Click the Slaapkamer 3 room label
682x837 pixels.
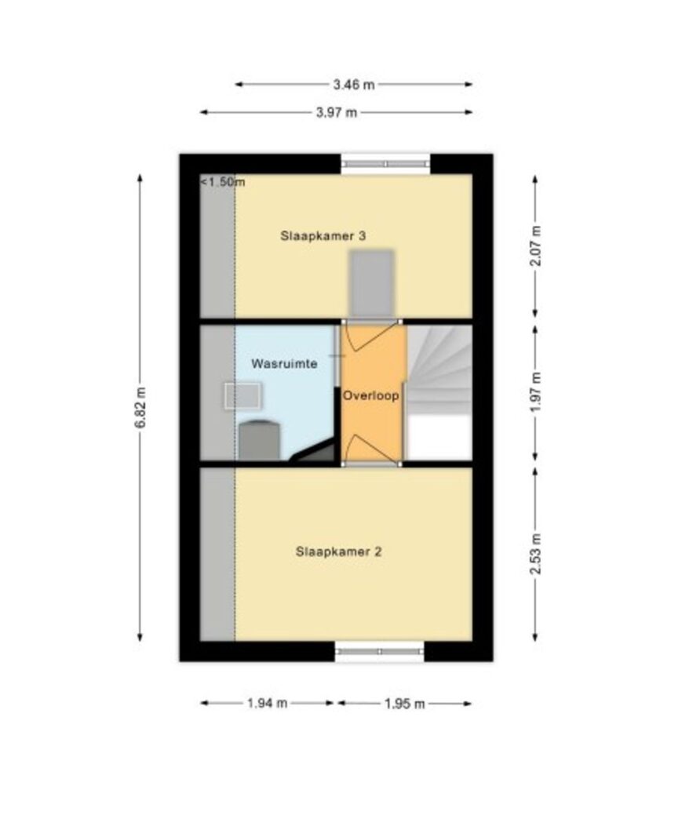click(x=323, y=236)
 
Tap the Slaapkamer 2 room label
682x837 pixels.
click(x=338, y=551)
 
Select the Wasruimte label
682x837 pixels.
click(x=284, y=364)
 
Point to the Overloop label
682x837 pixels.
click(x=370, y=396)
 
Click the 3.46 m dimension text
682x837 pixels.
click(x=354, y=85)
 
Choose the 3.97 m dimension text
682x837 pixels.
click(x=337, y=113)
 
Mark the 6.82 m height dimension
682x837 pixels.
click(x=140, y=407)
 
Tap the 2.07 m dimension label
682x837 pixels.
click(x=536, y=246)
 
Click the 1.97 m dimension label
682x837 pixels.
click(x=536, y=391)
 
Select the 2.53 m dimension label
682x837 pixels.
click(x=536, y=554)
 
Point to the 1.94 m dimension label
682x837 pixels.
click(x=267, y=704)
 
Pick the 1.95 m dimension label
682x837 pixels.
click(x=405, y=704)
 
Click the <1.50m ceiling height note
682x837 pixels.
click(x=223, y=182)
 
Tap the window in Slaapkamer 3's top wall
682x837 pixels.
click(x=385, y=164)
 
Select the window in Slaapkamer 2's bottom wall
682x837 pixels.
click(x=380, y=652)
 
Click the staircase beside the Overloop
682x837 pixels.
click(x=439, y=392)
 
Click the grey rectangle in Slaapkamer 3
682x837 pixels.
click(x=372, y=284)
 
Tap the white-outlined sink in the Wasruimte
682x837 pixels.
click(x=243, y=395)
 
